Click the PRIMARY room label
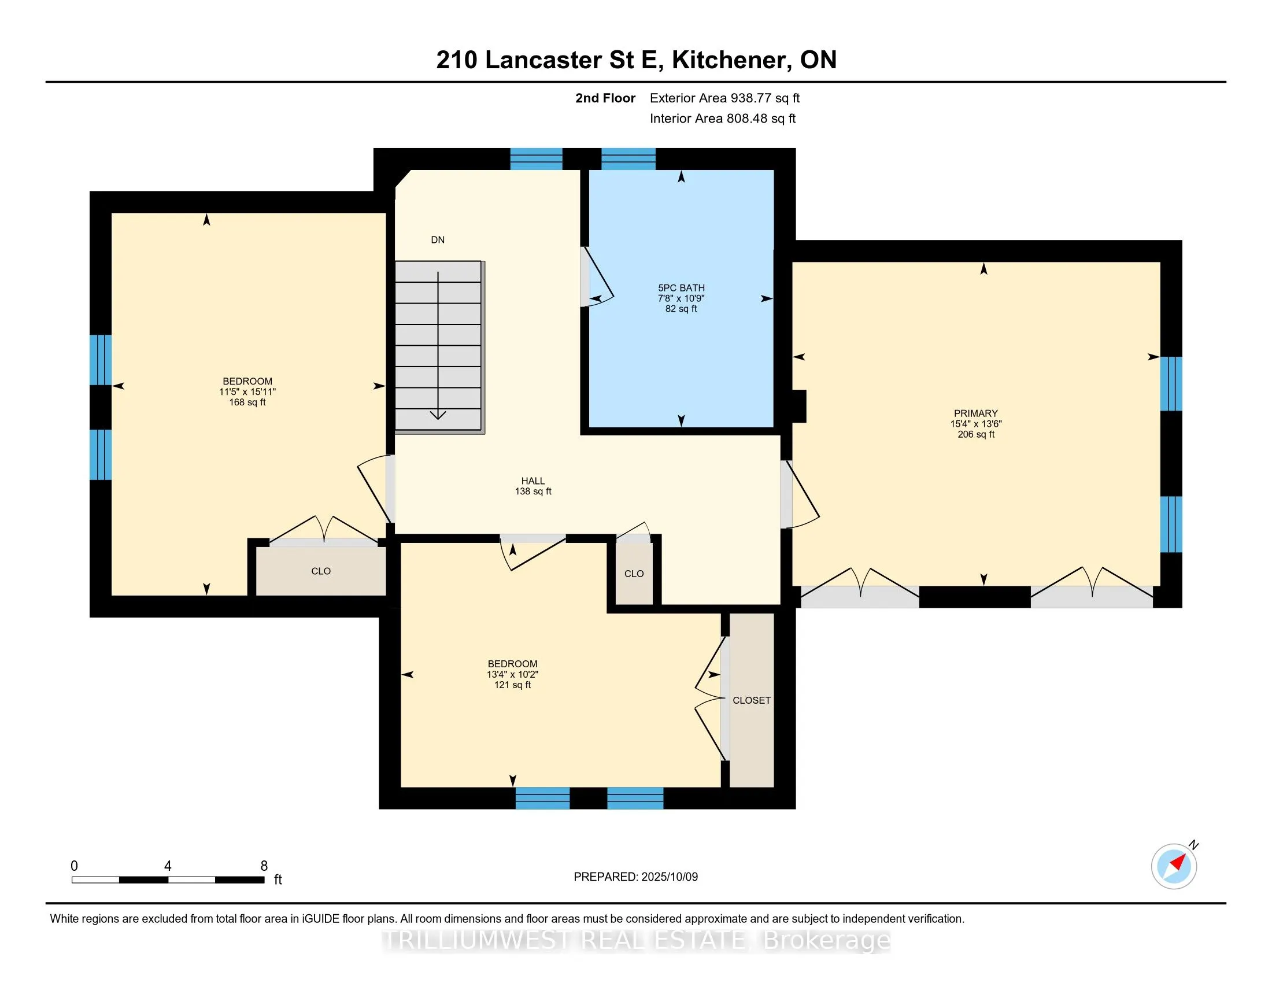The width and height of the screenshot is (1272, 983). pos(975,413)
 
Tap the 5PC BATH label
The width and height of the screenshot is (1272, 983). pos(681,288)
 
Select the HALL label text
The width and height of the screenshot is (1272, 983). pos(533,481)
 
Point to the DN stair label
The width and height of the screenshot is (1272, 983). pos(438,239)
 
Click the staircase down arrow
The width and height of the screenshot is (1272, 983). pos(438,345)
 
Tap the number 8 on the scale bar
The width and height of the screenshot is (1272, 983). pos(264,866)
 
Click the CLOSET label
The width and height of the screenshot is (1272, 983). pos(751,700)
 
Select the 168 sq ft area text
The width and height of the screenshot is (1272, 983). pos(247,402)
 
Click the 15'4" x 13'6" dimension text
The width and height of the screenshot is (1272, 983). pos(975,424)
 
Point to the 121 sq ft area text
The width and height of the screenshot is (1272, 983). pos(512,685)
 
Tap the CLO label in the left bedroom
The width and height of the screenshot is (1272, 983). pos(321,571)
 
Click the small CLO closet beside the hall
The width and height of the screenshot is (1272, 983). pos(634,574)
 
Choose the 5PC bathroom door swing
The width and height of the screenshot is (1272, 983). pos(599,277)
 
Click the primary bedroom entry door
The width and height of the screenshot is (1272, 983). pos(801,494)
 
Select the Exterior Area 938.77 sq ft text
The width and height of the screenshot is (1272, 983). pos(724,98)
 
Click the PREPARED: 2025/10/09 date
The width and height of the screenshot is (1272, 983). pos(635,877)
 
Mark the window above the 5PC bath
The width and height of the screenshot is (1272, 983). pos(628,159)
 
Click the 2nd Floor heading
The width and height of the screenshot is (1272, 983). pos(605,98)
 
